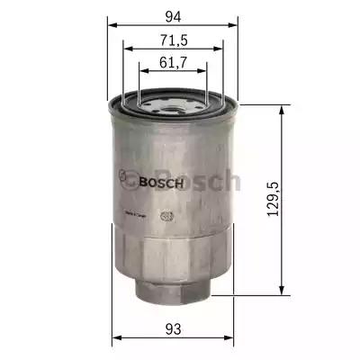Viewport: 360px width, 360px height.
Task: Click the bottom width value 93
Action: point(174,328)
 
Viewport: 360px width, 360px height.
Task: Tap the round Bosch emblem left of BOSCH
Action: point(130,180)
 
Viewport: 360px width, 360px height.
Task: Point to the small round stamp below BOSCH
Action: point(165,217)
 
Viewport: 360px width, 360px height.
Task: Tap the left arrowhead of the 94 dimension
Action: point(112,25)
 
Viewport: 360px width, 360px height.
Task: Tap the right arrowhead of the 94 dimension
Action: point(236,25)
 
